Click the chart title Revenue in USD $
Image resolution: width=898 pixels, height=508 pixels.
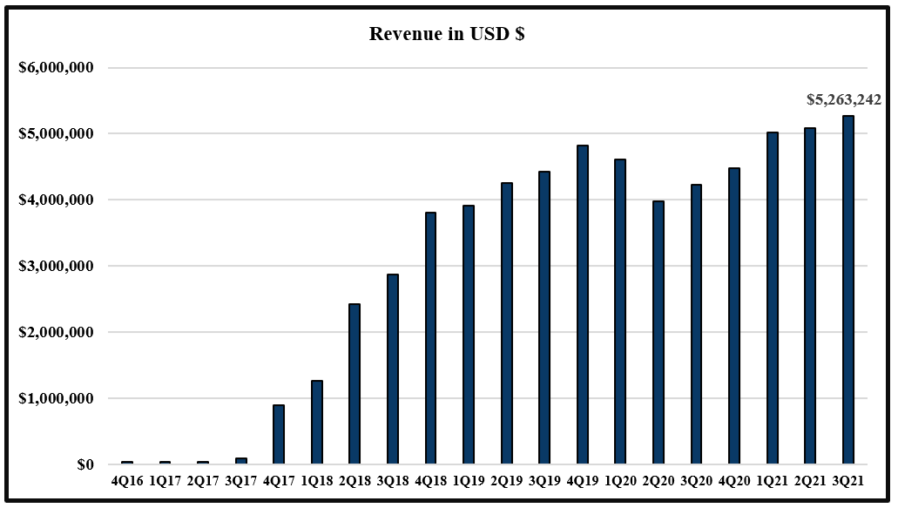click(446, 34)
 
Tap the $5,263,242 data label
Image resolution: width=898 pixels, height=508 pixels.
click(843, 100)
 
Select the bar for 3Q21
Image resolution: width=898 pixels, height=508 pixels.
click(847, 289)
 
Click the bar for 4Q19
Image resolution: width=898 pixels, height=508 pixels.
click(582, 304)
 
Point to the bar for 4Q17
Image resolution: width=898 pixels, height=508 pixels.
click(279, 434)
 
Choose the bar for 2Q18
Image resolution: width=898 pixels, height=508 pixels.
click(354, 383)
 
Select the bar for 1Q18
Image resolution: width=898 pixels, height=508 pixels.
click(316, 422)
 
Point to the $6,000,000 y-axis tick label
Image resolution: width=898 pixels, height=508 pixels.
click(56, 68)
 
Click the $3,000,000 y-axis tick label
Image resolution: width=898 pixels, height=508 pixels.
click(56, 267)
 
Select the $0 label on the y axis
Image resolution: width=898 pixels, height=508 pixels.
click(84, 465)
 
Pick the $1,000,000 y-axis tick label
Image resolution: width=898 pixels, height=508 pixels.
click(56, 399)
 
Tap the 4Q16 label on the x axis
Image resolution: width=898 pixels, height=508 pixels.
click(127, 480)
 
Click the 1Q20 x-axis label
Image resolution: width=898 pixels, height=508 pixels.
click(620, 480)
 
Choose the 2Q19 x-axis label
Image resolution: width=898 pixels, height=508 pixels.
click(506, 480)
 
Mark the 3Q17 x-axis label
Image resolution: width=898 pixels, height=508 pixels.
click(240, 480)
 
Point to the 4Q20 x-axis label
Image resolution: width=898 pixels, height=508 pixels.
click(733, 480)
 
